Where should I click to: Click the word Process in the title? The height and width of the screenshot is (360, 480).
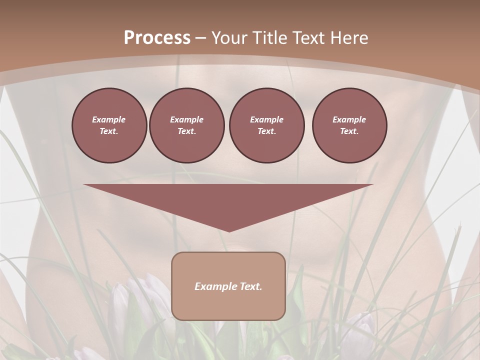coord(157,38)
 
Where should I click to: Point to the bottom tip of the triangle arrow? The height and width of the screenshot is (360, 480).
coord(228,230)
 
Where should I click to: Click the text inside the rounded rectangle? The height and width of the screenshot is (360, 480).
coord(228,286)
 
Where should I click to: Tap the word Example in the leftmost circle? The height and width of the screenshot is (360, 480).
coord(109,119)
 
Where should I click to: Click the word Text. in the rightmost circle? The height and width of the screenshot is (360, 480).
coord(349,131)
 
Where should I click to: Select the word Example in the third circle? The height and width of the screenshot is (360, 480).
coord(266,119)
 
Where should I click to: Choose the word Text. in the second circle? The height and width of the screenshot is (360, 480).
coord(186,131)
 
